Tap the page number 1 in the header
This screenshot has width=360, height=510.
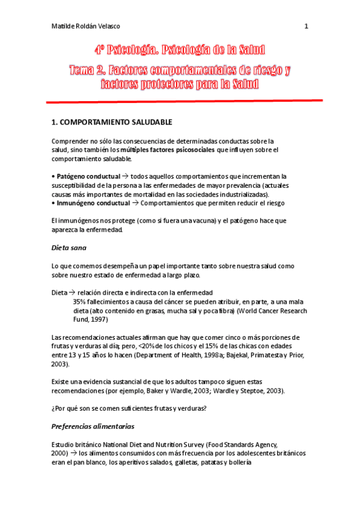click(x=306, y=26)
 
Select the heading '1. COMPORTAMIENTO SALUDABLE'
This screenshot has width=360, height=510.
click(x=112, y=122)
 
